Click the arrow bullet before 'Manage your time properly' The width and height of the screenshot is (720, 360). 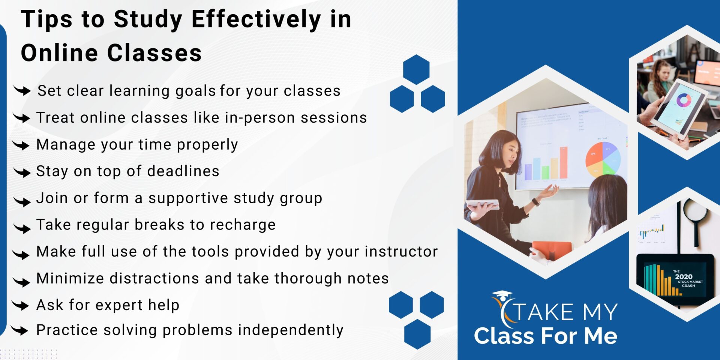pos(21,145)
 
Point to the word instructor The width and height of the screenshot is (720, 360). pos(401,252)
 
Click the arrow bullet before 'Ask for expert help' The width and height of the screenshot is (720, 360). pos(21,305)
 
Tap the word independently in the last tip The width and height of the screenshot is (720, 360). pos(291,330)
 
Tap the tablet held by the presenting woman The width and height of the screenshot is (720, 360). pos(482,204)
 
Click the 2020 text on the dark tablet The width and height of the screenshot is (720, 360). pos(683,277)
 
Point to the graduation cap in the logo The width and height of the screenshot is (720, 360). pos(502,295)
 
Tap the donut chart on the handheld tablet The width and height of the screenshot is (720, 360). pos(684,100)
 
